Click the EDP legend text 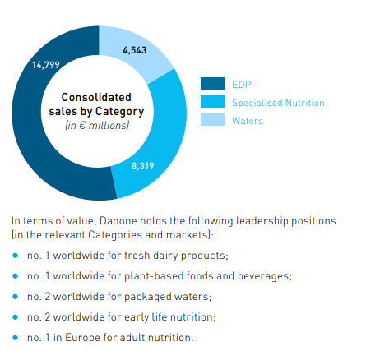click(242, 84)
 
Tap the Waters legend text click(248, 122)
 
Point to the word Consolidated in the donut click(96, 98)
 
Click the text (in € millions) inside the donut click(96, 126)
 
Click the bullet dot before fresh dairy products click(16, 256)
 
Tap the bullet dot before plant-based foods click(16, 276)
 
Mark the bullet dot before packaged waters click(16, 297)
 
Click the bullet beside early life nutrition click(16, 317)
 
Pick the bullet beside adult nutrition click(16, 338)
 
